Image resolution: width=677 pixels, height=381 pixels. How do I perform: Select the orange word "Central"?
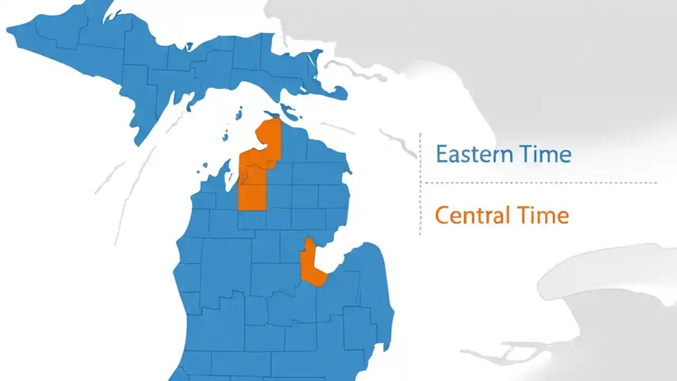tap(471, 215)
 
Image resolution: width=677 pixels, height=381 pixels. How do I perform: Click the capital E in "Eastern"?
tap(442, 155)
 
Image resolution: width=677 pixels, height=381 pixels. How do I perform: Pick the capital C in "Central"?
tap(442, 216)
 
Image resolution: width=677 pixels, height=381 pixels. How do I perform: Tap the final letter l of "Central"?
tap(507, 215)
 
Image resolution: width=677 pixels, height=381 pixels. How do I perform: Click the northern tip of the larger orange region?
tap(276, 119)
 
